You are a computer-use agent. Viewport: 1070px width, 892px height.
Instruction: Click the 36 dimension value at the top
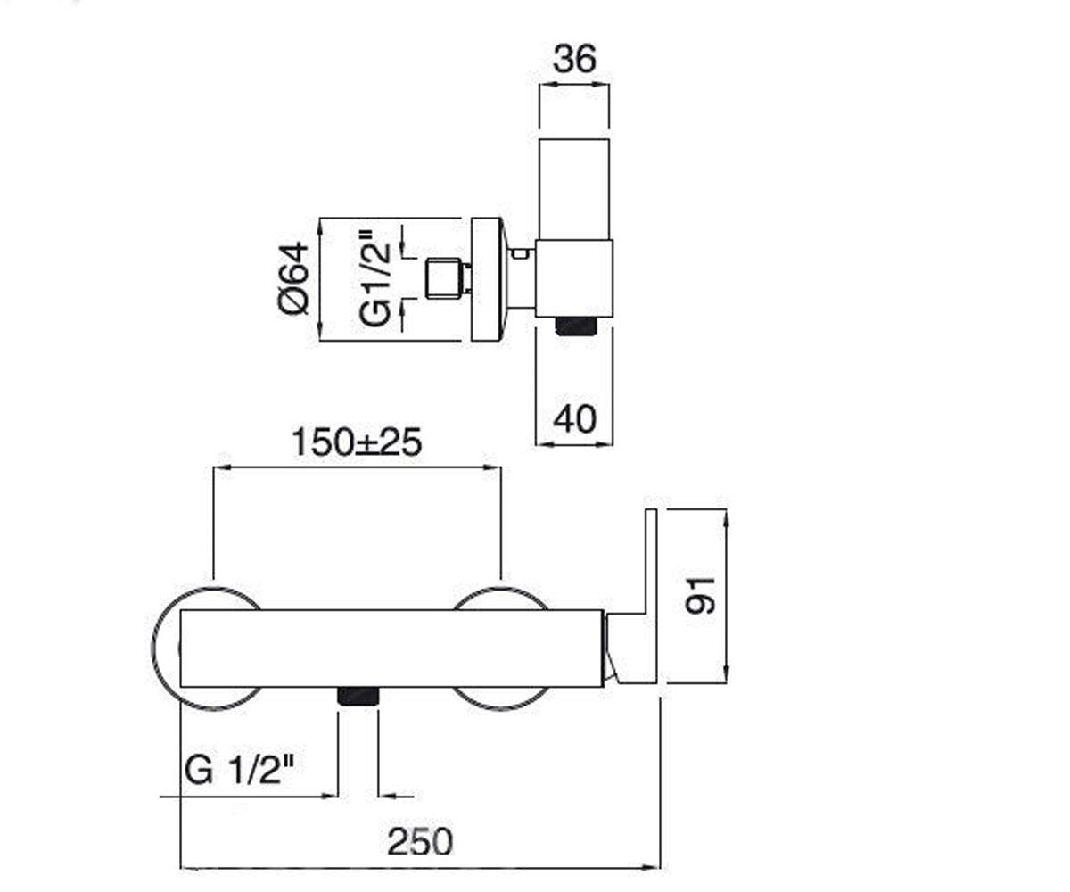[x=575, y=59]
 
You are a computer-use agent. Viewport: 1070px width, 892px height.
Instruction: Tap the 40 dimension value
[x=575, y=419]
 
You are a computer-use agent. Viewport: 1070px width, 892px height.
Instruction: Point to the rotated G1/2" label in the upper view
[x=375, y=278]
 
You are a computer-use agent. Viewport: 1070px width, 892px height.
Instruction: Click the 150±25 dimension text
[x=357, y=442]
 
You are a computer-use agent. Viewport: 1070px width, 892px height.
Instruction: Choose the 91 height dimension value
[x=700, y=596]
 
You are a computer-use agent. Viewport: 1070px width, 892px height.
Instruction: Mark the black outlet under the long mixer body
[x=358, y=697]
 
